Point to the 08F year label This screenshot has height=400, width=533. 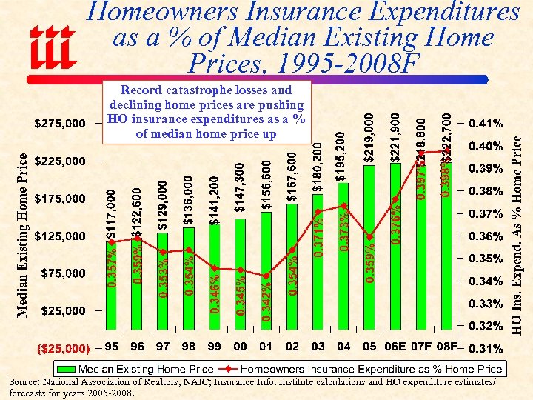[446, 347]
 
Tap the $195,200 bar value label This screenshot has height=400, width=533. [341, 156]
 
